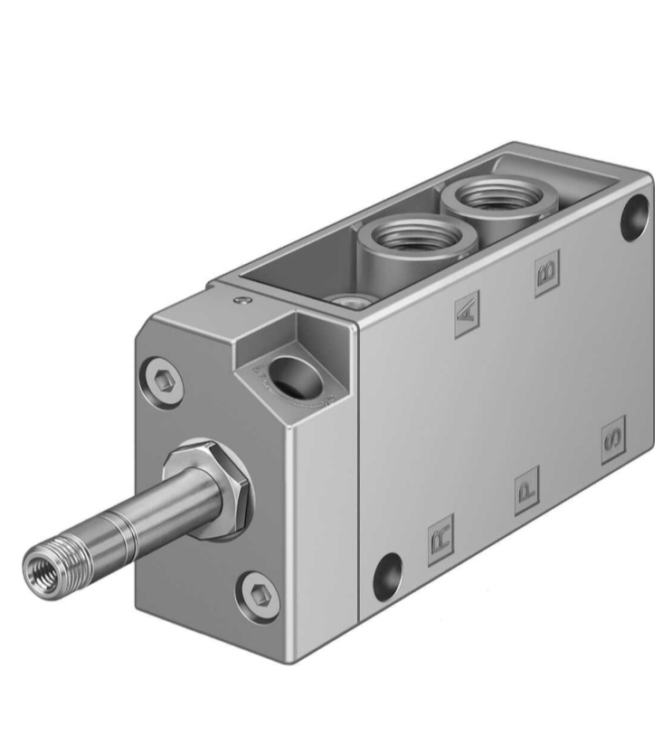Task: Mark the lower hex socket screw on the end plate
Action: pos(259,595)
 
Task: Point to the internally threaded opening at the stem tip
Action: pos(41,567)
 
